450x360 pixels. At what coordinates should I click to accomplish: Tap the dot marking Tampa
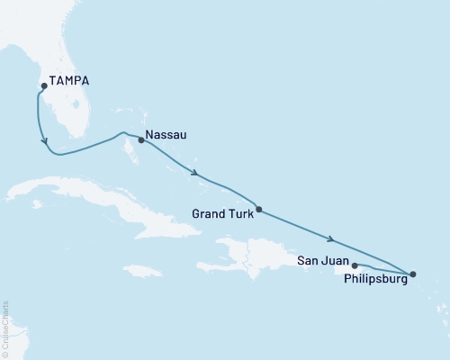41,87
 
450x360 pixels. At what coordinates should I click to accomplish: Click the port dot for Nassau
141,140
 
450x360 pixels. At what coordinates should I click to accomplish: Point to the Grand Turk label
223,214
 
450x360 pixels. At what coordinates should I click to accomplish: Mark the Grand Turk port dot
259,210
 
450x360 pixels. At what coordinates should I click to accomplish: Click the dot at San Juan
355,265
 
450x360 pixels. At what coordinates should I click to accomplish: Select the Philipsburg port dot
413,274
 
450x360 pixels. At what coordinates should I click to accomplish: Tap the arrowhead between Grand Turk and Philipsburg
331,239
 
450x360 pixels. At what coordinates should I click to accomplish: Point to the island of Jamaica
143,270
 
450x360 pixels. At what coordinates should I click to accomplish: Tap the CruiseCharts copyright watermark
4,328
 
